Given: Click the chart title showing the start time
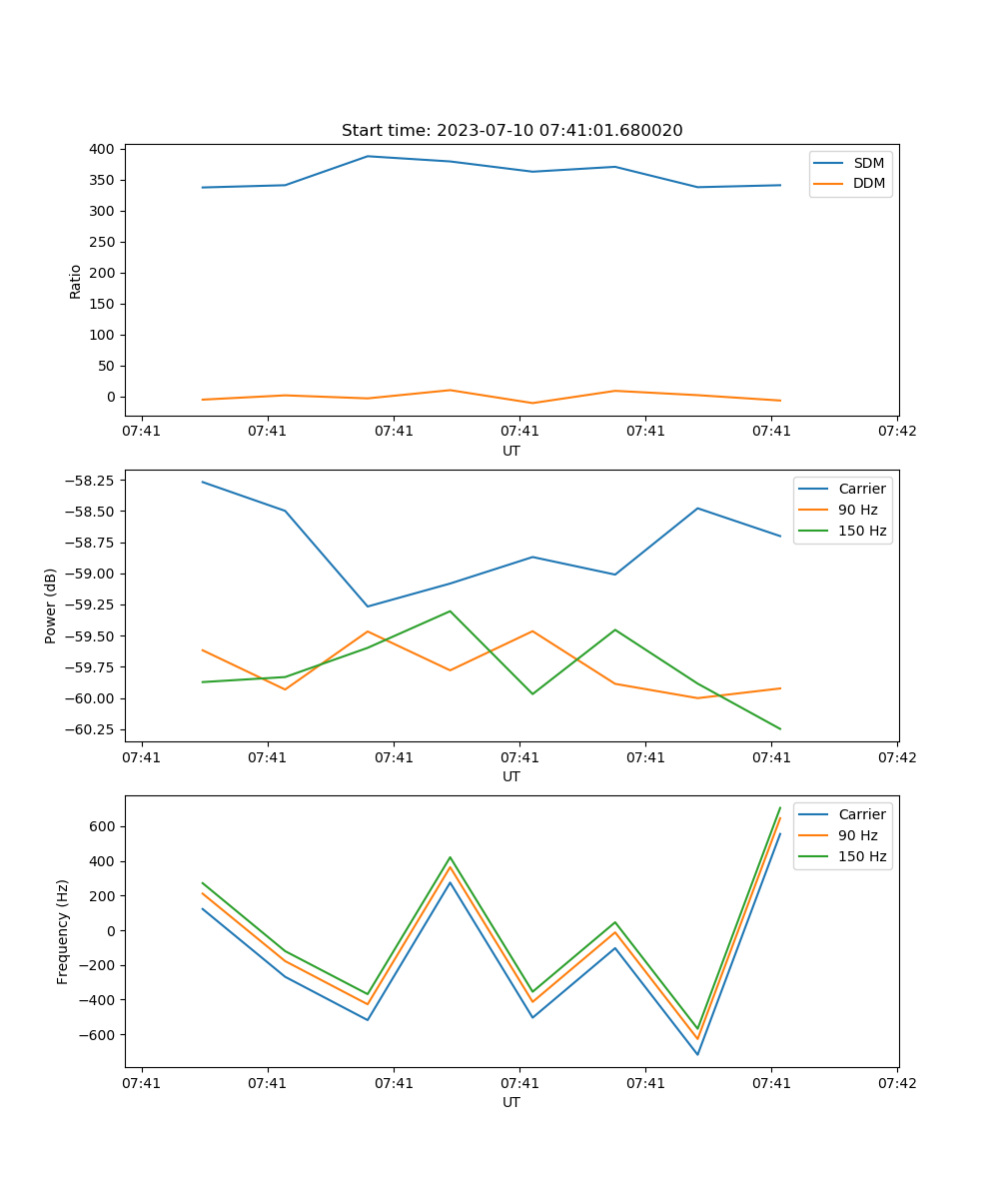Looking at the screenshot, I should tap(511, 131).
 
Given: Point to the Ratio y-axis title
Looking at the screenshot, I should tap(76, 282).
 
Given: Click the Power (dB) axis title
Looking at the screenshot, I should tap(51, 605).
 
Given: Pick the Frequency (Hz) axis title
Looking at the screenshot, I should tap(63, 931).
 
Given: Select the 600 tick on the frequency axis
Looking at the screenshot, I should tap(104, 826).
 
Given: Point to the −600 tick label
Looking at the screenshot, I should tap(98, 1035).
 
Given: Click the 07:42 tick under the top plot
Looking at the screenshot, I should tap(896, 432).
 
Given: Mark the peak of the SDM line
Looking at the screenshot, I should tap(368, 156).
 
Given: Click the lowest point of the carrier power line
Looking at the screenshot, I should tap(368, 606).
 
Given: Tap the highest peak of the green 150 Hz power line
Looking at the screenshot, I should tap(450, 610).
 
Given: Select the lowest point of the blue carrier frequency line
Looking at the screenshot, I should tap(697, 1054).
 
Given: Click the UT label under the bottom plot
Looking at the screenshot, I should tap(511, 1102).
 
